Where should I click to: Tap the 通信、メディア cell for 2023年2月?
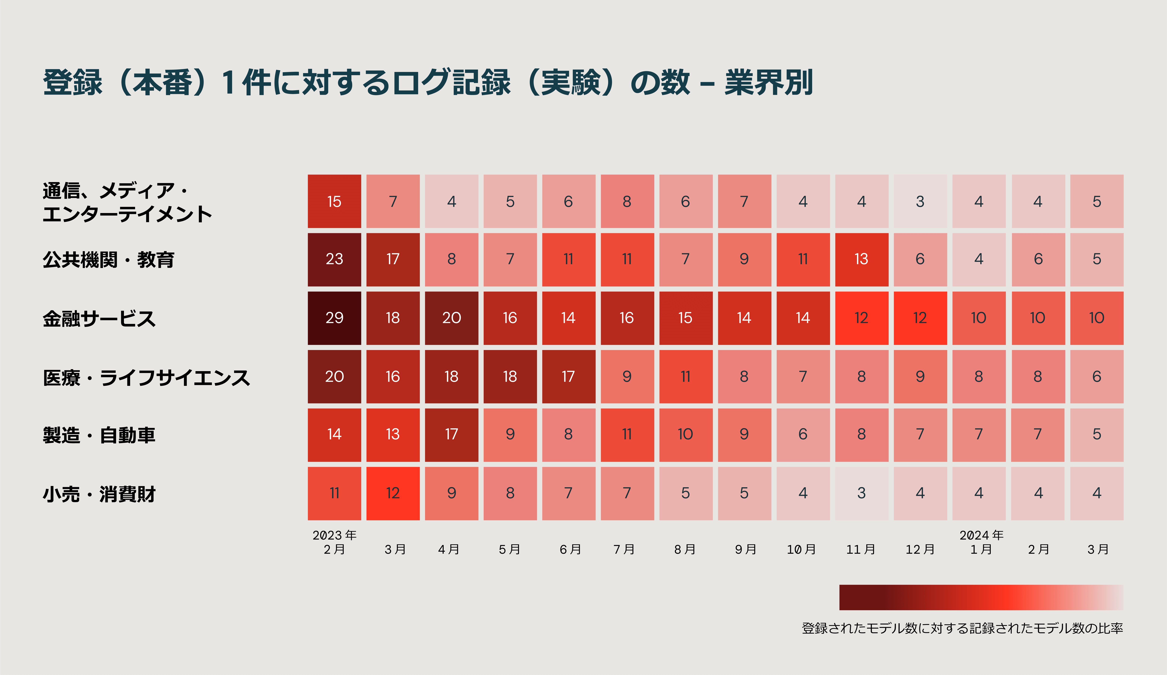point(334,201)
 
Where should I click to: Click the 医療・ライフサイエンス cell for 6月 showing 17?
point(569,376)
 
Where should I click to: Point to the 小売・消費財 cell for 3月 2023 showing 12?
point(393,493)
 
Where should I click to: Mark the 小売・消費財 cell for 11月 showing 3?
point(861,493)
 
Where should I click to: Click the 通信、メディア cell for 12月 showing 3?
point(920,201)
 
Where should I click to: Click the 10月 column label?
point(802,550)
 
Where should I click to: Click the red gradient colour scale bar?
point(981,597)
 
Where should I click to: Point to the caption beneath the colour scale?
point(962,628)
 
